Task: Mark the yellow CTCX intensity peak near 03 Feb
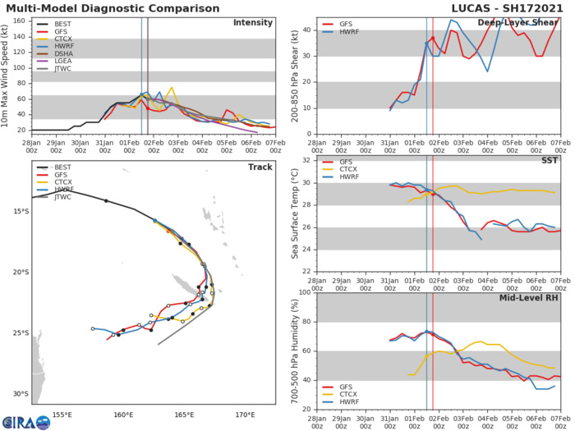tap(172, 87)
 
